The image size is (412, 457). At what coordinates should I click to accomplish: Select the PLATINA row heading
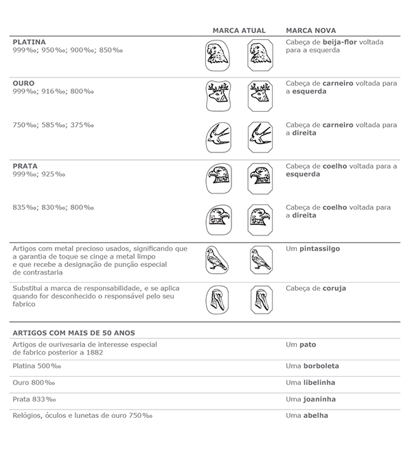(27, 42)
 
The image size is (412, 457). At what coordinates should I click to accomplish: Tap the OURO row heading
(23, 83)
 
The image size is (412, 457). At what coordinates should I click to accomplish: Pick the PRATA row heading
(25, 165)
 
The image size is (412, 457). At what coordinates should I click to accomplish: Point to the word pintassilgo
(318, 248)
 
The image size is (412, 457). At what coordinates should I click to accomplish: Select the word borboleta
(319, 366)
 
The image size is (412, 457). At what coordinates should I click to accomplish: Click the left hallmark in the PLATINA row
(217, 55)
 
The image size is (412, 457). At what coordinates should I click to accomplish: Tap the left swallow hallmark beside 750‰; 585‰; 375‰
(217, 137)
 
